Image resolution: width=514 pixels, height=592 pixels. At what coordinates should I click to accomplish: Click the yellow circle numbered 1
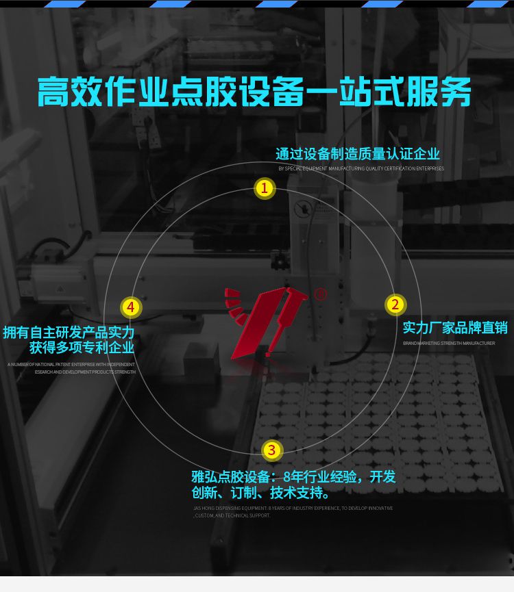265,188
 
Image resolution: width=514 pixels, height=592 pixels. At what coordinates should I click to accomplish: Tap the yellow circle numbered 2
394,305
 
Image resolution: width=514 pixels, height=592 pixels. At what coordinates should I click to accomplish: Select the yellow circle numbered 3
272,450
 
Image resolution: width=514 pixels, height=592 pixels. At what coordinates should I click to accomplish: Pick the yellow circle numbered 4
131,307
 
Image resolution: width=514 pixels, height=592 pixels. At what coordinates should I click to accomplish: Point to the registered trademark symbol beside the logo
321,294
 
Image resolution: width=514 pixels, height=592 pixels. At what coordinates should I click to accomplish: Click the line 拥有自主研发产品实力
69,333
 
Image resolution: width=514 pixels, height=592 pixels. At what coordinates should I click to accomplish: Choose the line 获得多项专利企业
82,348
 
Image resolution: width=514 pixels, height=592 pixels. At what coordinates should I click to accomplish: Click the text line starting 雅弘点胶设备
293,477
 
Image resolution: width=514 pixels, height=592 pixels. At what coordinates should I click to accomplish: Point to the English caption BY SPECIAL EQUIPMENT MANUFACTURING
360,168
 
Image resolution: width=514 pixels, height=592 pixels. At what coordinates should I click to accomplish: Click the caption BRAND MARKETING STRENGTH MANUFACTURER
448,343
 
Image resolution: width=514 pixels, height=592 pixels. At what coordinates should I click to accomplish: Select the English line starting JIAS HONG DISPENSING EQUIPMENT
293,509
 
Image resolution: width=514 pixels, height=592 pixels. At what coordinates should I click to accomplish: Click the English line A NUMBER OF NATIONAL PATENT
71,365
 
